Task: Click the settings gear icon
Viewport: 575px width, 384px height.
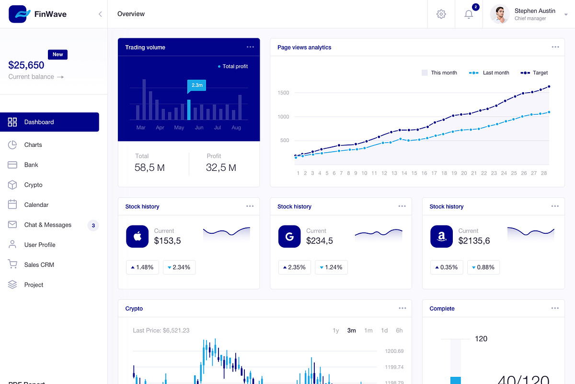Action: coord(441,14)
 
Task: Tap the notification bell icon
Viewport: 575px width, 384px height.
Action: coord(469,14)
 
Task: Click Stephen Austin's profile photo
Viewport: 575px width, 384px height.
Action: coord(500,14)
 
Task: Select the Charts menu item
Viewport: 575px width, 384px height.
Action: coord(33,145)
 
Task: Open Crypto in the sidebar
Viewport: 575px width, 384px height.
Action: coord(33,185)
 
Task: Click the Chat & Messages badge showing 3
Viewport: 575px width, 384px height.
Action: coord(93,225)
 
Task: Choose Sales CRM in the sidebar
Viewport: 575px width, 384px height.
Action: coord(39,265)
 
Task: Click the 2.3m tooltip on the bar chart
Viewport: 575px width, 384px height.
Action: coord(197,85)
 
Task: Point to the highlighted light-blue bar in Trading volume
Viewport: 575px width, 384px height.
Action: coord(189,110)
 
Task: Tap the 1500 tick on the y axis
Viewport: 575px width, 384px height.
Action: coord(283,93)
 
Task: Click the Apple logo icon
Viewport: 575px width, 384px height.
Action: coord(138,237)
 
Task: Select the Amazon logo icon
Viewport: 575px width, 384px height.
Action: coord(441,237)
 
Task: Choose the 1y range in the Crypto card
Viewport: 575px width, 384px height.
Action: coord(336,330)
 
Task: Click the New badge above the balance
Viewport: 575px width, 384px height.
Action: coord(57,55)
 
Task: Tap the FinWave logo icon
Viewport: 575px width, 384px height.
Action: coord(19,14)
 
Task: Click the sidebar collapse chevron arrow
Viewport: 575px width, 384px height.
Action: coord(100,14)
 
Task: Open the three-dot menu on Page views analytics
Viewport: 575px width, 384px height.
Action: coord(555,47)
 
